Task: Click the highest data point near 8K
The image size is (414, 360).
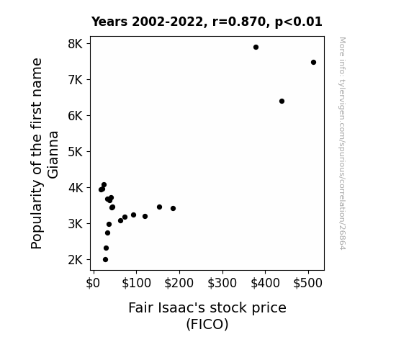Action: tap(256, 48)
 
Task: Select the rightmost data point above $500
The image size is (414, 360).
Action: tap(313, 63)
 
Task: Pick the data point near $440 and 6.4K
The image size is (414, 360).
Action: tap(282, 101)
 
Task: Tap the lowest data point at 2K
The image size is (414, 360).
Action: tap(105, 260)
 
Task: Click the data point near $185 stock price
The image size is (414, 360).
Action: tap(174, 208)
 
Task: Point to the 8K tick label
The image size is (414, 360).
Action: tap(76, 44)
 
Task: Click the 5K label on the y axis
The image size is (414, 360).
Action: tap(76, 152)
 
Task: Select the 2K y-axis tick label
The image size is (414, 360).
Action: tap(76, 260)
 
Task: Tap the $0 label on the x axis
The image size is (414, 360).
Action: tap(93, 283)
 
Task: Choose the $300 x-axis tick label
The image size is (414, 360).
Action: tap(222, 283)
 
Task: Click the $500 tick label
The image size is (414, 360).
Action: tap(308, 283)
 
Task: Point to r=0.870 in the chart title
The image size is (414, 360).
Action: tap(239, 22)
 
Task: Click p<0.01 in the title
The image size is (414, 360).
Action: tap(299, 22)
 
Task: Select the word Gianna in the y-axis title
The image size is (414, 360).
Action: tap(53, 155)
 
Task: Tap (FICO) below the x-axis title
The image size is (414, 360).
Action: tap(207, 324)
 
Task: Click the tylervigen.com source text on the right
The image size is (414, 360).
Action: tap(343, 143)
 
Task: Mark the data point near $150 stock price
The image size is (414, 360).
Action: tap(159, 207)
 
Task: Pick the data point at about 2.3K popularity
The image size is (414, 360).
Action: tap(106, 248)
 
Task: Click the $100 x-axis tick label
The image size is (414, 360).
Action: tap(136, 283)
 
